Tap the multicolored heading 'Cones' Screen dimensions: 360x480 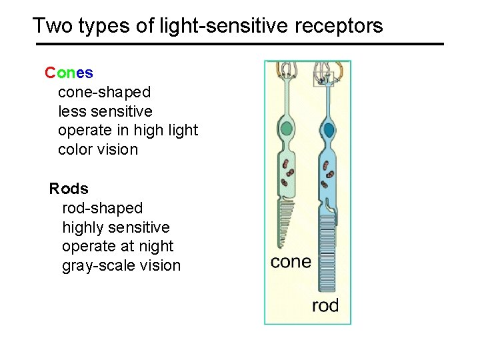click(x=69, y=72)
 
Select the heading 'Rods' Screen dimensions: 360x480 click(x=69, y=189)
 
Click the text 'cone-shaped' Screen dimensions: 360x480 click(x=105, y=91)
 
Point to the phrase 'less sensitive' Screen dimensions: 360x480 click(x=105, y=111)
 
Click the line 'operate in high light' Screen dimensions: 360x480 click(x=128, y=130)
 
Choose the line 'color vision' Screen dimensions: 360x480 click(x=98, y=149)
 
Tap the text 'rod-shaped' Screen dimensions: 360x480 click(x=102, y=208)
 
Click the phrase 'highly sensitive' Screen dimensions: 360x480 click(x=116, y=227)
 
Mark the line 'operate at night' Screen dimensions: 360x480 click(x=117, y=246)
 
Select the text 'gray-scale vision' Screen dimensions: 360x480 click(x=121, y=265)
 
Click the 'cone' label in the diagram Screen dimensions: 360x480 click(x=291, y=261)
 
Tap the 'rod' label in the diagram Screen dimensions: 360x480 click(x=325, y=306)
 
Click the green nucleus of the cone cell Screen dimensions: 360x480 click(x=287, y=129)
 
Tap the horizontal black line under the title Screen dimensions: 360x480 click(x=239, y=44)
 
